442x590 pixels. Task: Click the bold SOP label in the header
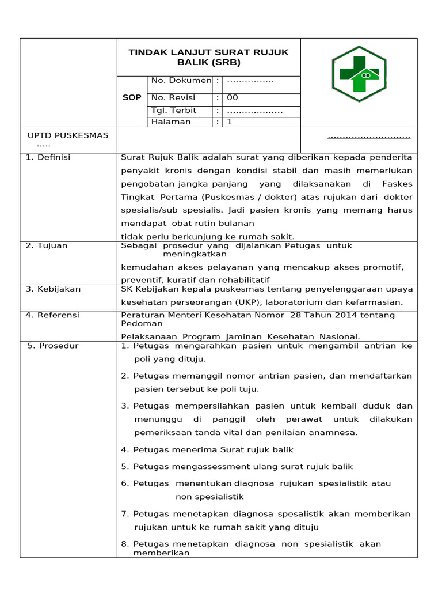(x=132, y=98)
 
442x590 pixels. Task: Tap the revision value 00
(x=233, y=98)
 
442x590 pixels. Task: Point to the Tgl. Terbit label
(x=174, y=111)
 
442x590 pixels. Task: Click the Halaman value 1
(x=230, y=122)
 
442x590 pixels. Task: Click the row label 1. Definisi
(x=48, y=157)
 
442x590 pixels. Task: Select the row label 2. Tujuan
(x=47, y=246)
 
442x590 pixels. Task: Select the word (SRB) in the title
(x=226, y=62)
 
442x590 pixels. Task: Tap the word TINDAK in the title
(x=146, y=52)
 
